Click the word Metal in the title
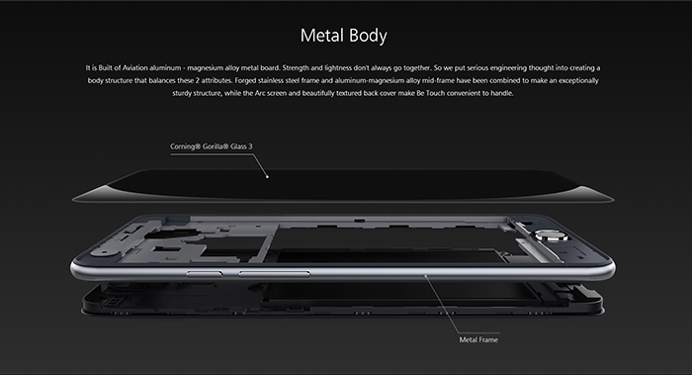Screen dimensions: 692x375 [x=321, y=36]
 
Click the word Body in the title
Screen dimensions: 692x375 [x=368, y=37]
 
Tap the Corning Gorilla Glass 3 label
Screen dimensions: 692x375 [x=212, y=146]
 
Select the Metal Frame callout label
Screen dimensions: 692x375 [x=478, y=339]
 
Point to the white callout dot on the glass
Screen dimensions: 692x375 [x=267, y=177]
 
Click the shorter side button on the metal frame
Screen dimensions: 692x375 [x=204, y=274]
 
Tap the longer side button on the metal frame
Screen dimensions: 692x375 [x=274, y=274]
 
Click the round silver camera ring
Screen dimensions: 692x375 [x=552, y=235]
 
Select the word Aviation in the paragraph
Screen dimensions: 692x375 [x=134, y=68]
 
